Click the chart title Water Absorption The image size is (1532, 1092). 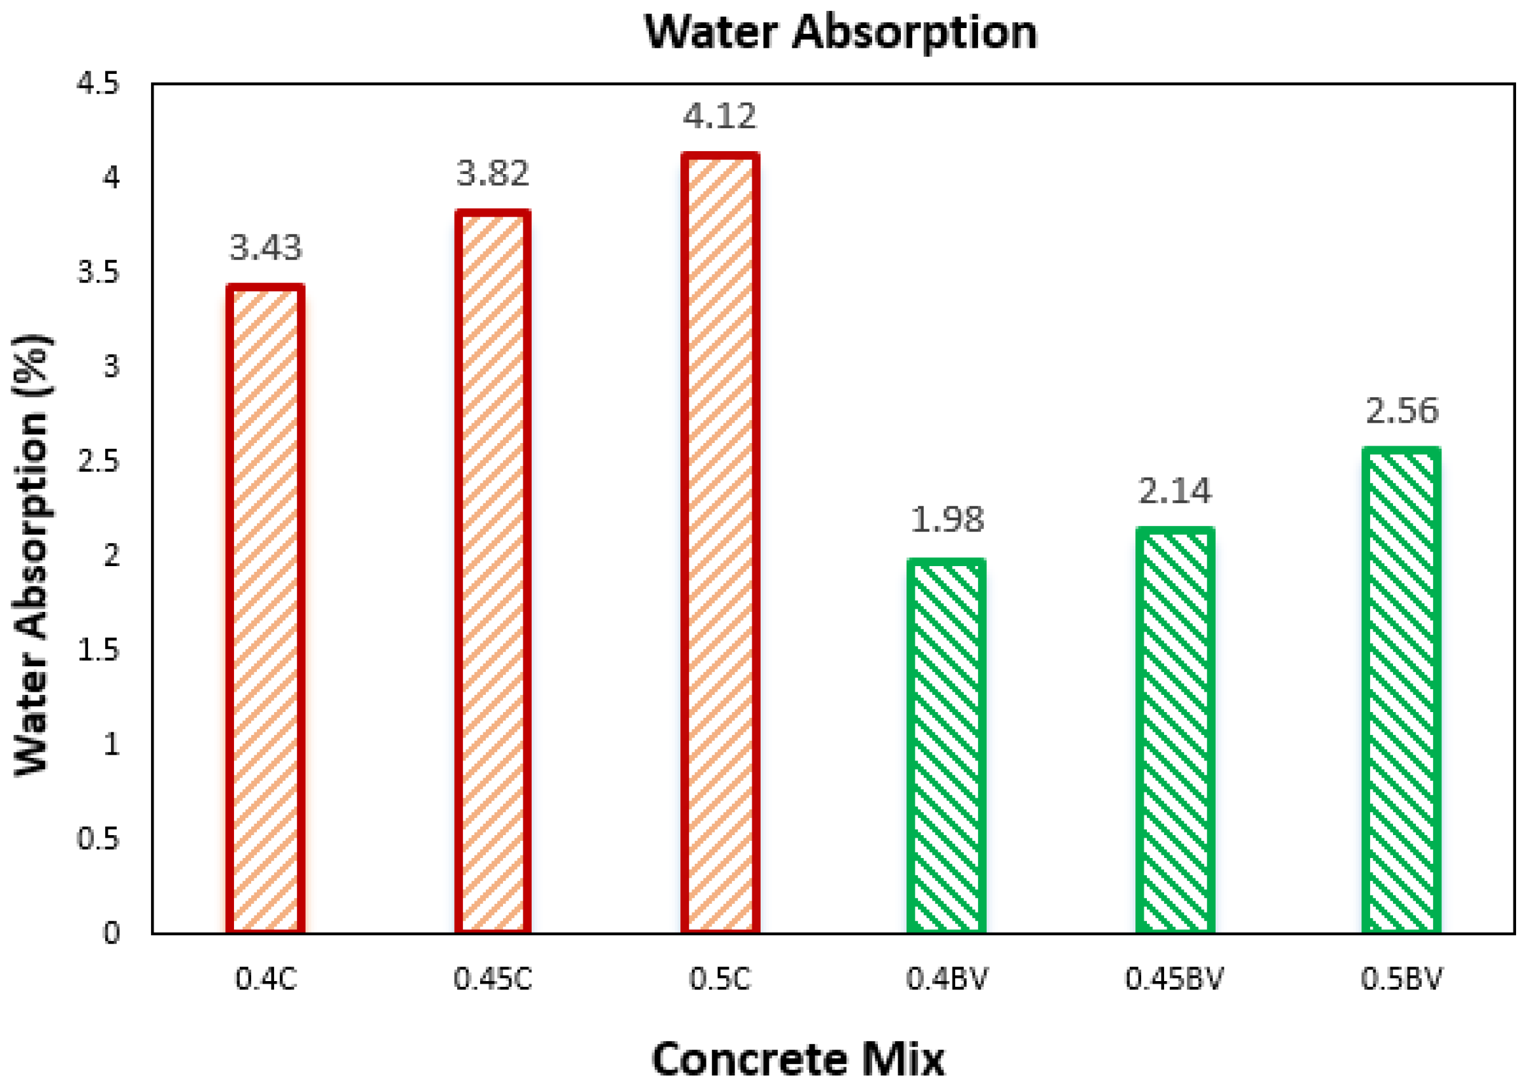point(840,32)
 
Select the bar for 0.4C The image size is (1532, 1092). point(265,609)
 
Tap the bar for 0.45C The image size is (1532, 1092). point(492,572)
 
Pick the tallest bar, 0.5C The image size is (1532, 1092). point(720,543)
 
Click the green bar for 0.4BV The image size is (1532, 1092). point(946,746)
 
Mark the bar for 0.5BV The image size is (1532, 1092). point(1401,690)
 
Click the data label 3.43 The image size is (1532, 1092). point(266,247)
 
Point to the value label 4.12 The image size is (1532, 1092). point(720,115)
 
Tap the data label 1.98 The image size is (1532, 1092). point(947,520)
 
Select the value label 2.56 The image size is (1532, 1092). point(1402,410)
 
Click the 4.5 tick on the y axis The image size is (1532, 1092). point(98,84)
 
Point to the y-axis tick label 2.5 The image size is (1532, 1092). point(98,462)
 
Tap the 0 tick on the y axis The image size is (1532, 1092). point(112,934)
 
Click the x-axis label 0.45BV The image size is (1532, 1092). point(1174,979)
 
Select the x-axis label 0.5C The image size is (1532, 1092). point(720,979)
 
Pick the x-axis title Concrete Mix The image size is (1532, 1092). point(798,1059)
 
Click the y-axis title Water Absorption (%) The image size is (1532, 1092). point(32,555)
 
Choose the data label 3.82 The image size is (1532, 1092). point(493,173)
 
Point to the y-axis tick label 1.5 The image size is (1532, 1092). point(98,650)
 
